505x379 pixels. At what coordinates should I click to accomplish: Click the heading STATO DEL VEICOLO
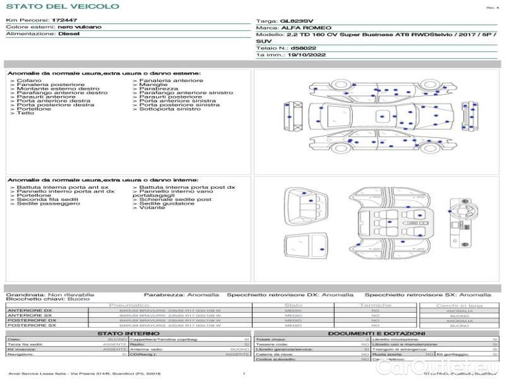click(x=62, y=6)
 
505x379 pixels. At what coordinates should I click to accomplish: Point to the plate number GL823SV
click(x=296, y=21)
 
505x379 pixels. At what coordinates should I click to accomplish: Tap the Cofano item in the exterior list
click(x=29, y=81)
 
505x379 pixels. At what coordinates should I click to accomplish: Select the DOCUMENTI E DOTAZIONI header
click(x=376, y=334)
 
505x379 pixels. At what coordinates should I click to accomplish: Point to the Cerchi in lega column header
click(x=459, y=305)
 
